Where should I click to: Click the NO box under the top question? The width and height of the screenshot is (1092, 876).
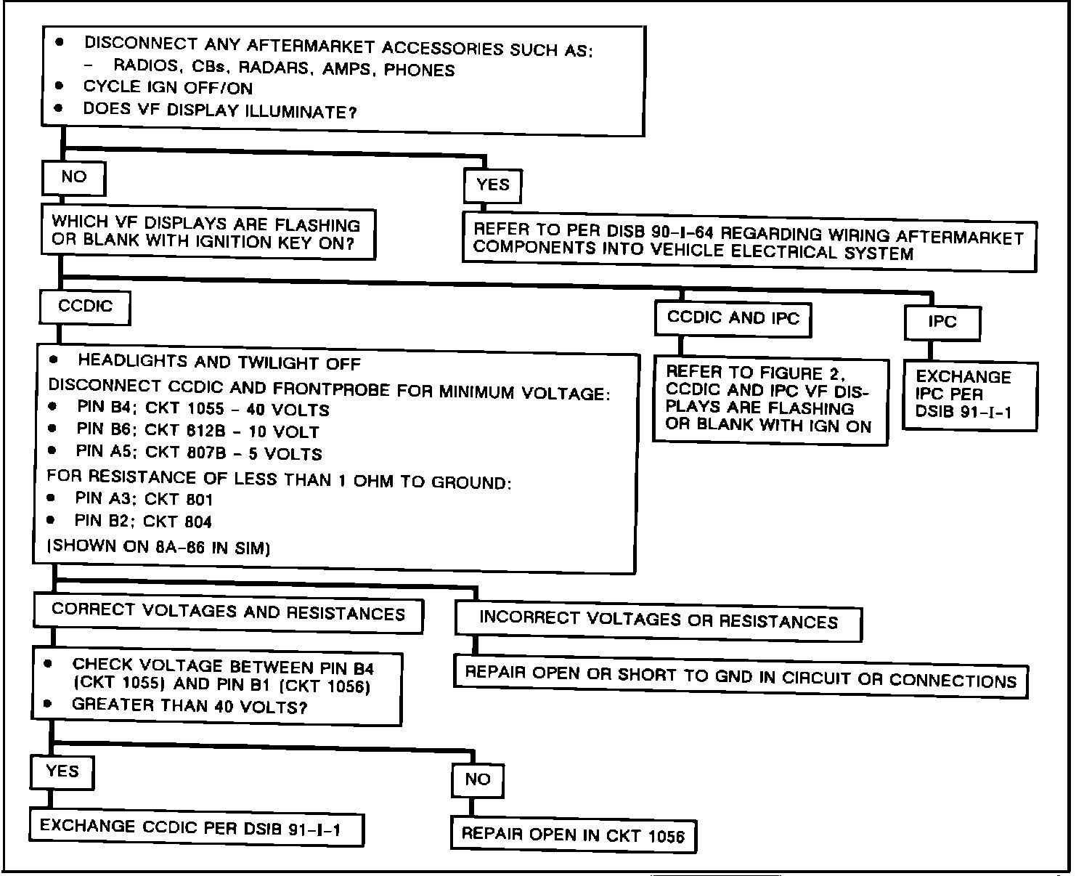coord(73,178)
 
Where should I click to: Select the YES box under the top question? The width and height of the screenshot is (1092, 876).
coord(492,186)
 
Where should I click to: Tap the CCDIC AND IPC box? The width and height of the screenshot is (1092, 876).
coord(733,319)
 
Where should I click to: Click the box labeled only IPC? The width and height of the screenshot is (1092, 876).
coord(942,323)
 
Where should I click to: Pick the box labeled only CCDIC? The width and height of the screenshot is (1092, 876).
coord(85,307)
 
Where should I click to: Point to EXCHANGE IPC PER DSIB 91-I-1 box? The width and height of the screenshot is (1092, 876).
coord(969,395)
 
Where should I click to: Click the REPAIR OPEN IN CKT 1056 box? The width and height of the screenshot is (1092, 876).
coord(573,835)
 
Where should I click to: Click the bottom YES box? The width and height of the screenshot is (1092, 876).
coord(62,771)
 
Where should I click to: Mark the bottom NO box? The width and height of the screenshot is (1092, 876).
coord(477,780)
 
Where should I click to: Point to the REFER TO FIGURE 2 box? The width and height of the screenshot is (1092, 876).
coord(770,400)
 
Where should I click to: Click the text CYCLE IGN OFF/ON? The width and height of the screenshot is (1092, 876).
coord(168,89)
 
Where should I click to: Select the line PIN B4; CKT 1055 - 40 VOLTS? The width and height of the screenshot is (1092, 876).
coord(203,410)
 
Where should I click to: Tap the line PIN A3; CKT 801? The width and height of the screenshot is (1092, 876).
coord(144,500)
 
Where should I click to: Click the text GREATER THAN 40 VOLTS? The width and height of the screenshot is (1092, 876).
coord(190,706)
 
